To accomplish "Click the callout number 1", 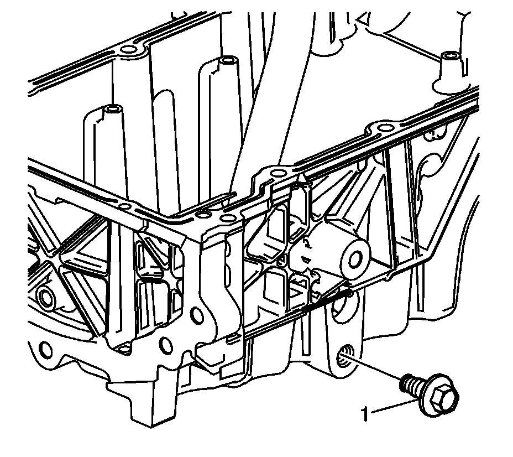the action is pyautogui.click(x=365, y=414).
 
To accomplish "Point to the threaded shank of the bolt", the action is pyautogui.click(x=410, y=385).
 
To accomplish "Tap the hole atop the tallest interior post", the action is pyautogui.click(x=227, y=60).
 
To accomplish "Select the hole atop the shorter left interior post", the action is pyautogui.click(x=113, y=108).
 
